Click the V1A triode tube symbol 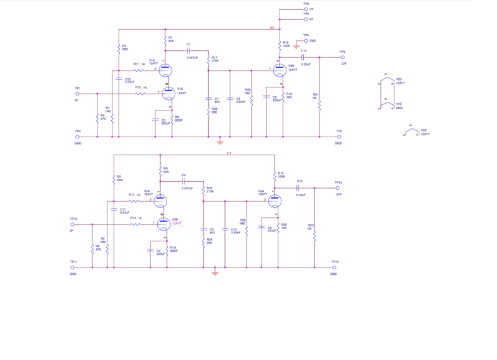165,70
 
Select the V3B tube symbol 280,70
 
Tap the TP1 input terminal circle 78,94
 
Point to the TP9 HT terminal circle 306,9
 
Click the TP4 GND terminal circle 306,40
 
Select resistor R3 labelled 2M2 118,47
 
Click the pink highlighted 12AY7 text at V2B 177,223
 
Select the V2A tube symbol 160,200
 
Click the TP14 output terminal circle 338,187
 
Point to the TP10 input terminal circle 73,225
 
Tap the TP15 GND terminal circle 334,268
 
